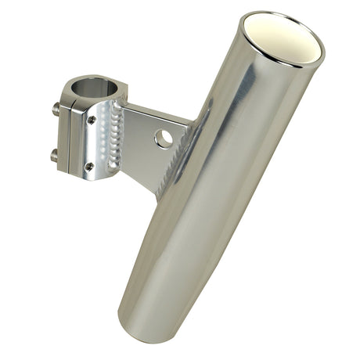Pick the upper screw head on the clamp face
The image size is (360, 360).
92,120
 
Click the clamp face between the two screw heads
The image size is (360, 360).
94,142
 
